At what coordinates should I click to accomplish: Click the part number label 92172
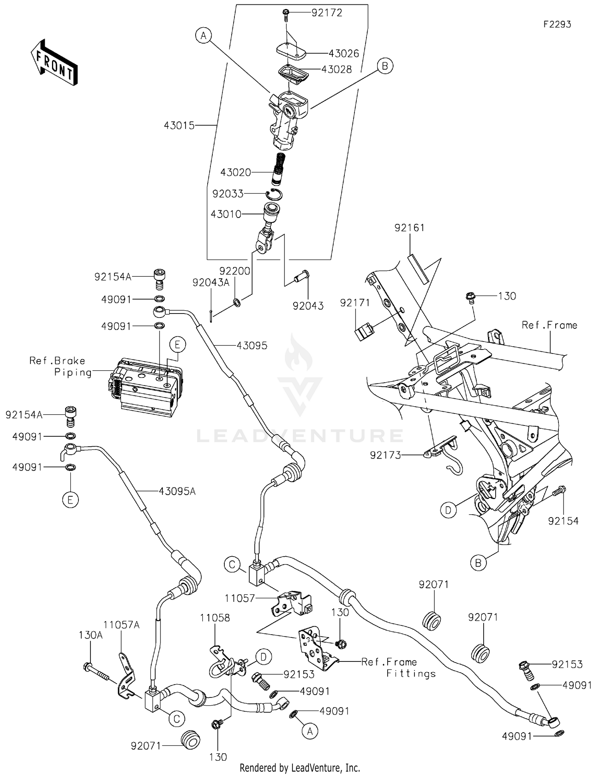click(x=327, y=13)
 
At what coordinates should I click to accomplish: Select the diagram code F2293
click(x=557, y=24)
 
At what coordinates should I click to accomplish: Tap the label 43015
click(x=179, y=126)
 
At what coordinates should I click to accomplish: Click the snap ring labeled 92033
click(x=274, y=195)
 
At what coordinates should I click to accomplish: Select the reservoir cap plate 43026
click(x=291, y=50)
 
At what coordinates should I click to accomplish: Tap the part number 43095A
click(x=177, y=491)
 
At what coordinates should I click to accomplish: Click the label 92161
click(x=409, y=228)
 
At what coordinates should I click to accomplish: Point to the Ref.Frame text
click(x=549, y=325)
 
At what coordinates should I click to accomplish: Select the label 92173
click(x=385, y=455)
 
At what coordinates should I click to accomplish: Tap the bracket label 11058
click(x=215, y=618)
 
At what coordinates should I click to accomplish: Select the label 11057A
click(x=121, y=625)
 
